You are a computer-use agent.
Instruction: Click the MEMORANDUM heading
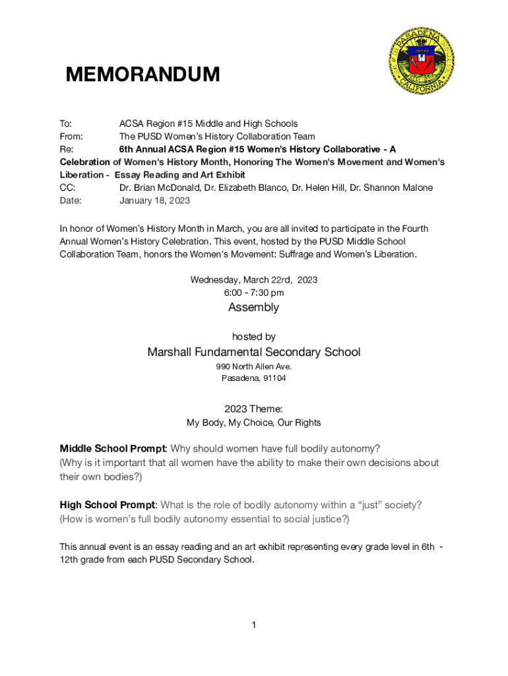[143, 75]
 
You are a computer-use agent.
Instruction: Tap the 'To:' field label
[66, 123]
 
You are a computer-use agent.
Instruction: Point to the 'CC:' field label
[67, 187]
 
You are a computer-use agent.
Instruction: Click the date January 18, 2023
[154, 201]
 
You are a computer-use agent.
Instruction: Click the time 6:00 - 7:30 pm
[254, 292]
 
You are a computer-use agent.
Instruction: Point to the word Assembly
[254, 308]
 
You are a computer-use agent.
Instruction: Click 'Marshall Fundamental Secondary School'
[254, 353]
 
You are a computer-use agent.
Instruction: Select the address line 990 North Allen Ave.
[254, 366]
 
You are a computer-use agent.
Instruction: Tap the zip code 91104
[274, 378]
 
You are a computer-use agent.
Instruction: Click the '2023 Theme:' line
[254, 409]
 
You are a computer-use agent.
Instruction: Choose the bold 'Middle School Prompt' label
[112, 449]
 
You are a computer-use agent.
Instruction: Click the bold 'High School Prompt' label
[109, 505]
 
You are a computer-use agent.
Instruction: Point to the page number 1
[254, 625]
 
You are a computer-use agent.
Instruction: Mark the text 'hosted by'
[254, 337]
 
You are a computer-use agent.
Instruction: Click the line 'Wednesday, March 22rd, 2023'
[254, 280]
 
